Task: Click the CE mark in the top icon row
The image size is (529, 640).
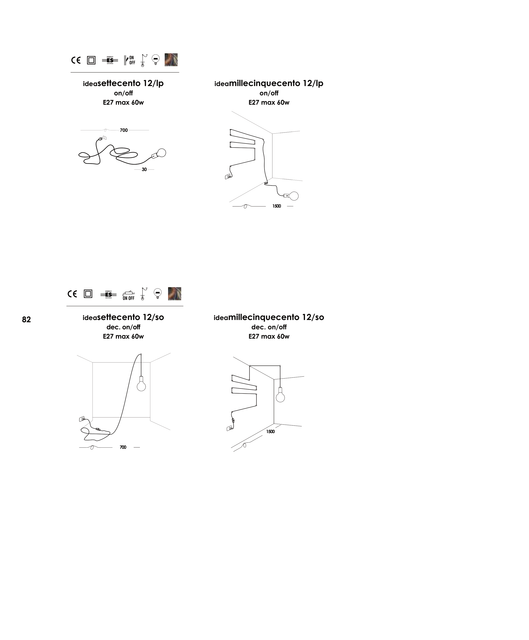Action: (x=76, y=60)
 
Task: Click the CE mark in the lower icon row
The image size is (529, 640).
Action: (x=72, y=294)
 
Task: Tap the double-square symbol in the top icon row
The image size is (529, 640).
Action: (x=91, y=60)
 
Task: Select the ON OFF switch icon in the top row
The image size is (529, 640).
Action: (x=130, y=60)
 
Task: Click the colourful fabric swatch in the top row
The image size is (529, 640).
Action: (x=171, y=60)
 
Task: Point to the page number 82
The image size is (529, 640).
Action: (x=26, y=320)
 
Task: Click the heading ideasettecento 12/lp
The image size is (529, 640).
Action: (x=123, y=83)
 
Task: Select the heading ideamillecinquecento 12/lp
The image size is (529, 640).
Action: (x=269, y=83)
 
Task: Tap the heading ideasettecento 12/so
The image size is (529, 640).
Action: (x=123, y=317)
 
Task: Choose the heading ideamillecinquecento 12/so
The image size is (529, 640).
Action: (x=269, y=317)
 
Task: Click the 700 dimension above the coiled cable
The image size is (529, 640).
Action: (x=124, y=130)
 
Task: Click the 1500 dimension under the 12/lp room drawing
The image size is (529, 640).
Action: (x=277, y=206)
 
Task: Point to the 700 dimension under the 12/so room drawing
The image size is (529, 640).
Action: (x=123, y=447)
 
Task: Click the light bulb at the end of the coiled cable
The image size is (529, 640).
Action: (x=162, y=153)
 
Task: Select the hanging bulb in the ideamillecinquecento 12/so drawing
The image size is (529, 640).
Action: (x=280, y=395)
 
